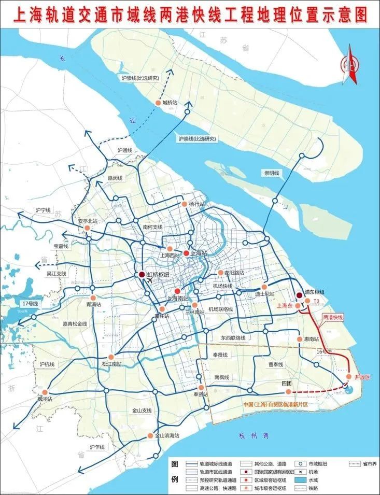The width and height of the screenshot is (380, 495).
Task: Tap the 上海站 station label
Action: point(199,253)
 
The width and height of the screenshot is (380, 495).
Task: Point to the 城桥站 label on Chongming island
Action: point(170,103)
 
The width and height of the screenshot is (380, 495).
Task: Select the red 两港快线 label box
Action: point(333,317)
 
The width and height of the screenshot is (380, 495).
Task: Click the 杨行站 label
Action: point(198,204)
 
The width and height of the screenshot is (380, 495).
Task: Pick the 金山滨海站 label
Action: point(167,436)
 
